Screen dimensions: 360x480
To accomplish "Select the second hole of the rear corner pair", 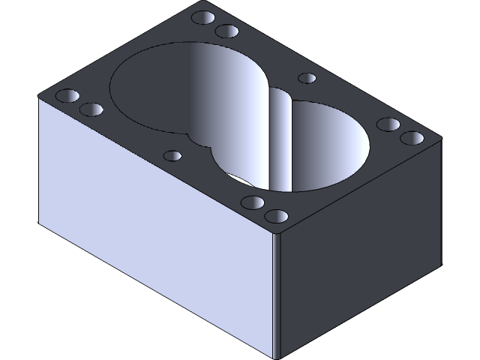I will pyautogui.click(x=226, y=31).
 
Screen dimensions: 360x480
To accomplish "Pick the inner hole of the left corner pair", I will pyautogui.click(x=91, y=110).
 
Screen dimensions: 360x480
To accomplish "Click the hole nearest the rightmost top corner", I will pyautogui.click(x=412, y=139).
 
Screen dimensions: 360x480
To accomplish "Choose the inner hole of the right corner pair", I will pyautogui.click(x=388, y=124).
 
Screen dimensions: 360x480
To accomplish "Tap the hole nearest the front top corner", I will pyautogui.click(x=277, y=217).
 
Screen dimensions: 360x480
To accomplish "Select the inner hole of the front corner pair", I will pyautogui.click(x=253, y=202).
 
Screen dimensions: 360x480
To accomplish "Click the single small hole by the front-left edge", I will pyautogui.click(x=173, y=156).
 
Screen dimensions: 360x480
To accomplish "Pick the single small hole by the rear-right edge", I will pyautogui.click(x=307, y=77).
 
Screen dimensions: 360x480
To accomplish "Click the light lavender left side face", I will pyautogui.click(x=150, y=225).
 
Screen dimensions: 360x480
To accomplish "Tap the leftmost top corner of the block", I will pyautogui.click(x=39, y=97).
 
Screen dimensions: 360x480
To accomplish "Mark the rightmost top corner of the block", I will pyautogui.click(x=441, y=140).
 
